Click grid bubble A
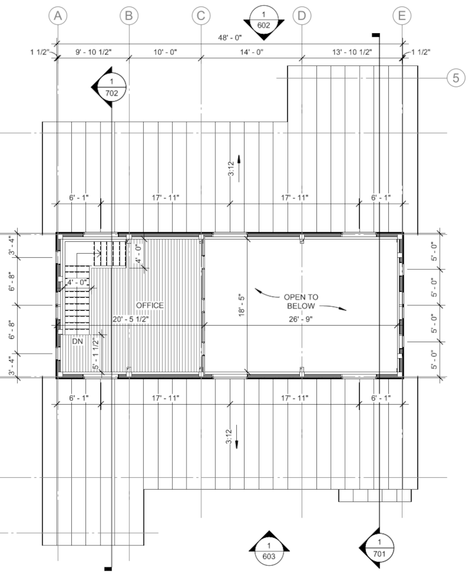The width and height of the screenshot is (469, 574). (58, 16)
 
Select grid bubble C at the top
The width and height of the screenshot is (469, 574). (201, 16)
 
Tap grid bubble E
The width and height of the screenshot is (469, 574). (402, 16)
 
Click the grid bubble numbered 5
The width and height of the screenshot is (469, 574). (456, 78)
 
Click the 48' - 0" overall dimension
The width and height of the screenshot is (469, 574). (230, 37)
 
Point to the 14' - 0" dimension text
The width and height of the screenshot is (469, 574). (252, 52)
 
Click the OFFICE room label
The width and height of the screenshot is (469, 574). (150, 305)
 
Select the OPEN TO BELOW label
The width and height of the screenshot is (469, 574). (301, 301)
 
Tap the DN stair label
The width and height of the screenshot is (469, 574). (78, 342)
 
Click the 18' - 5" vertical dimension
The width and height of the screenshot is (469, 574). (242, 305)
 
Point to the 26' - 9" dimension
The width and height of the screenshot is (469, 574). (301, 319)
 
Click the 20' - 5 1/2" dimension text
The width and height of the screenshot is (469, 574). (131, 319)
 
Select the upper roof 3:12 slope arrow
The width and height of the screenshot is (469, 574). (239, 169)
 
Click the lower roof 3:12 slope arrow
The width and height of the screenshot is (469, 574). (237, 437)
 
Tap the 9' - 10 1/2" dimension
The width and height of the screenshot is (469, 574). (94, 52)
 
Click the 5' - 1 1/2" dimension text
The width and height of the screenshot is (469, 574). (96, 354)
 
